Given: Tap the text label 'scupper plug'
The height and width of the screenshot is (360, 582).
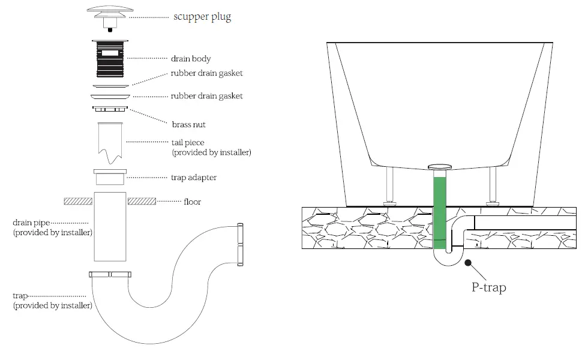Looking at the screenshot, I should [202, 17].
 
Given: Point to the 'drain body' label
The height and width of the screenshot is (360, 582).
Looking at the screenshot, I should [191, 59].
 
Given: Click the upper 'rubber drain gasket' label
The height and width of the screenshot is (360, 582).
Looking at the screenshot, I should [206, 74].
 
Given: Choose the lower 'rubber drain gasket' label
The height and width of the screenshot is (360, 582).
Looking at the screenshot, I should [206, 96].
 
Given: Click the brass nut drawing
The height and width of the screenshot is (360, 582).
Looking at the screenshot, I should [110, 109].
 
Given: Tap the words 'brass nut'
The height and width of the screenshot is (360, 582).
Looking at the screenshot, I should [188, 125].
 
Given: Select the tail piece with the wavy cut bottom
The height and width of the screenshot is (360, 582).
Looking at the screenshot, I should [110, 142].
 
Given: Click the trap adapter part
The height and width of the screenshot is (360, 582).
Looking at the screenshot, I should [110, 178].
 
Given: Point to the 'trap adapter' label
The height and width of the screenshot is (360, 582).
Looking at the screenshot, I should [193, 178].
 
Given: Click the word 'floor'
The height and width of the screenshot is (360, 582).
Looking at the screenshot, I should [192, 202].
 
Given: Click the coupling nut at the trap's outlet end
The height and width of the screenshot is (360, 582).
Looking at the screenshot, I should [241, 244].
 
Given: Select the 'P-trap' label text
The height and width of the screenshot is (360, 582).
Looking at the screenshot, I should [488, 287].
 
